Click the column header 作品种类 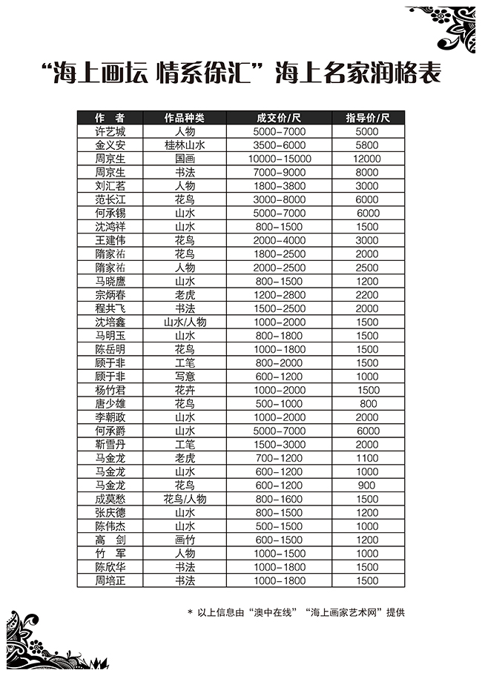coord(184,118)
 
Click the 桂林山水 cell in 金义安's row coord(184,145)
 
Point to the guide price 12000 coord(367,159)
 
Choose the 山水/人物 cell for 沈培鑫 coord(184,322)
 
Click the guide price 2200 coord(367,295)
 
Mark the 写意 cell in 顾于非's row coord(184,377)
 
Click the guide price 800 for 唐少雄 coord(369,404)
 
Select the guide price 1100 coord(367,458)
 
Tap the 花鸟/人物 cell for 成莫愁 coord(184,499)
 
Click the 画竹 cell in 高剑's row coord(184,540)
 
